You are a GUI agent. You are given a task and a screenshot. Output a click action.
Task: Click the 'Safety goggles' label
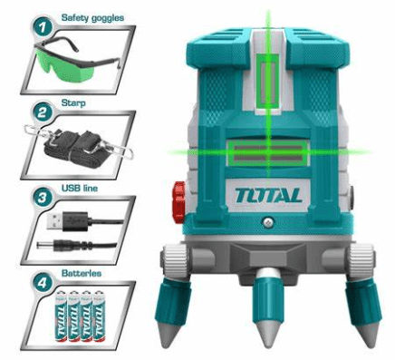click(92, 18)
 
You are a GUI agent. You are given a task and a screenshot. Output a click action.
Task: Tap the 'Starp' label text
click(73, 103)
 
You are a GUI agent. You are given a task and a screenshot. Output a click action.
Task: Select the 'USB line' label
click(80, 188)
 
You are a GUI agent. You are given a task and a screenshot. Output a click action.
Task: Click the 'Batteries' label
click(82, 273)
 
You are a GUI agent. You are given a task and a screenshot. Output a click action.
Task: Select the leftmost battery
click(61, 316)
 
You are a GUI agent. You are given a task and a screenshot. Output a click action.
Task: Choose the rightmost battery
click(99, 316)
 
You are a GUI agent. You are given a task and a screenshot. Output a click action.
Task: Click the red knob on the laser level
click(179, 202)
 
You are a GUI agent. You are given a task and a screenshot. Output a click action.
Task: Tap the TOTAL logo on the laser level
click(268, 195)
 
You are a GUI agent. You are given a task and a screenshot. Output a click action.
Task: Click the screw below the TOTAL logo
click(268, 223)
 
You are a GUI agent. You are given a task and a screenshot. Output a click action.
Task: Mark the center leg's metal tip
click(268, 333)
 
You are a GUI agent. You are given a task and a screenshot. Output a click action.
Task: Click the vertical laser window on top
click(268, 80)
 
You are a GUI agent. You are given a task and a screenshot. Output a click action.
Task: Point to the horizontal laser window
click(268, 153)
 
